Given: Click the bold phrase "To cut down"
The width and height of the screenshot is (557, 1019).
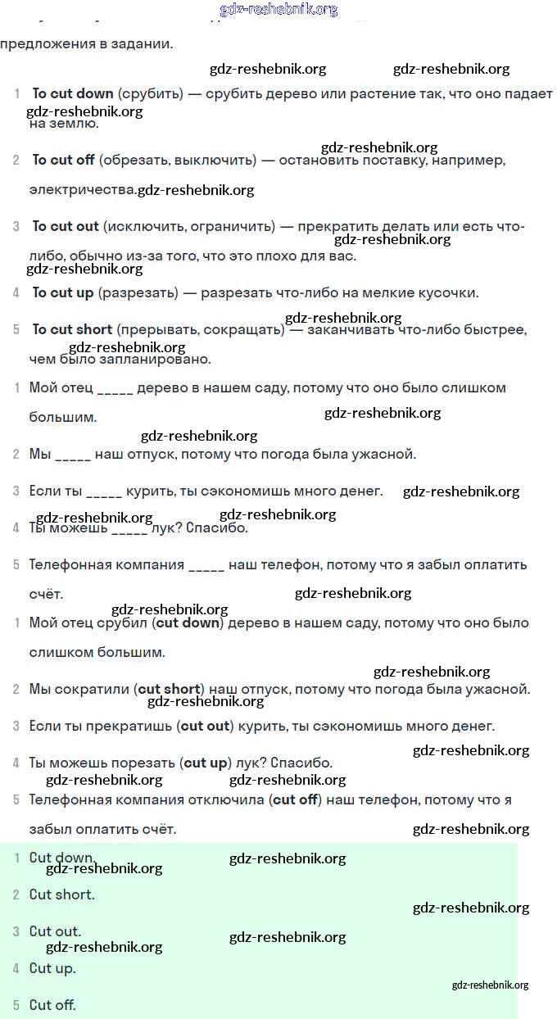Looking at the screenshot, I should [x=73, y=94].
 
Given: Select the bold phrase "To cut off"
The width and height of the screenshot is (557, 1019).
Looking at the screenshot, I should [x=64, y=160].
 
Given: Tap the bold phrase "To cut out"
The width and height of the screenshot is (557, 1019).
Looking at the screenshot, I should [x=66, y=226].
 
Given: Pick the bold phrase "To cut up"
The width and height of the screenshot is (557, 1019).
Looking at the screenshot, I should [x=63, y=292].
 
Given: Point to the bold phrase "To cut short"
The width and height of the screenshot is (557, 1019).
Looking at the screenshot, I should [x=72, y=329].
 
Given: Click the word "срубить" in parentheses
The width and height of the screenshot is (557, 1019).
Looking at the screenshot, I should [x=151, y=94].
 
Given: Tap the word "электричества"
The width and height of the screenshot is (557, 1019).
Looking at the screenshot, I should [x=82, y=190].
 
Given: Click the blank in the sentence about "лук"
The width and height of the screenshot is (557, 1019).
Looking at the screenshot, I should [x=129, y=528].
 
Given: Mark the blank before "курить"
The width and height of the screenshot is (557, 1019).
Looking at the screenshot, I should [x=104, y=491].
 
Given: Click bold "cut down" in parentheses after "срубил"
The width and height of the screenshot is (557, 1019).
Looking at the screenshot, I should [x=188, y=623].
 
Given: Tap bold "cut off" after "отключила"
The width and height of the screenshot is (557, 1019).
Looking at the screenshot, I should [x=295, y=799].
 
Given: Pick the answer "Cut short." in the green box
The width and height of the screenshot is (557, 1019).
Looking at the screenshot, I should [x=61, y=894].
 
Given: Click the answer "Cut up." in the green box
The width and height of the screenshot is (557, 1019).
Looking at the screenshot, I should [x=52, y=968].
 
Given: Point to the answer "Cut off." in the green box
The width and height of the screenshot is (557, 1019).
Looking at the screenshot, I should [x=52, y=1005].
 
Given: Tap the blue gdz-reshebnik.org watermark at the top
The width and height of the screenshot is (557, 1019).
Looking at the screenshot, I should [x=278, y=9].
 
